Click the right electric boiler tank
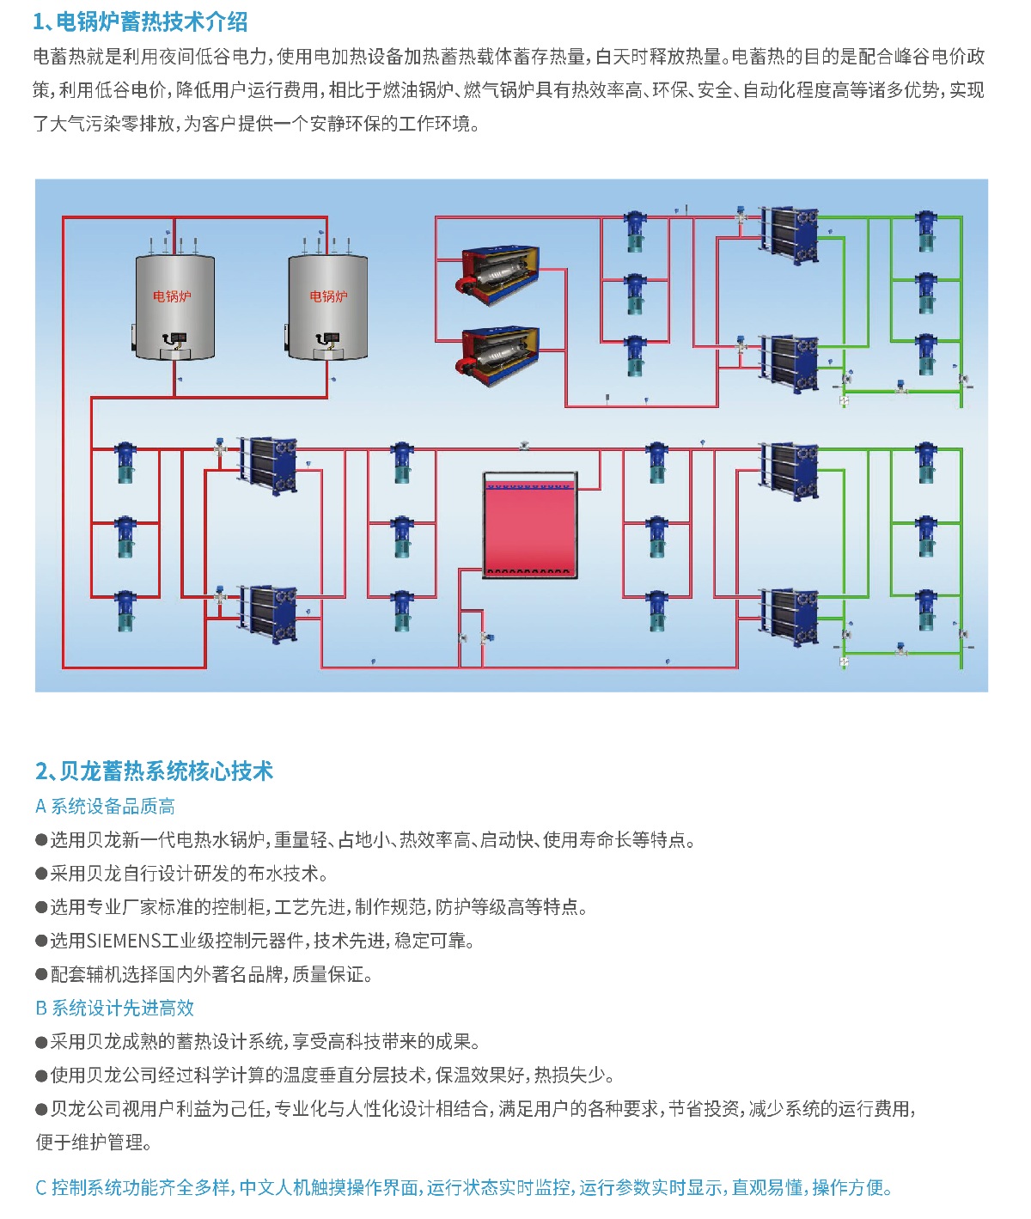(328, 306)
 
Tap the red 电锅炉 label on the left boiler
(172, 296)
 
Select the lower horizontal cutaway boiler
(499, 355)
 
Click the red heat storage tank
(529, 525)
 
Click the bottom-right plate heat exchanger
(790, 617)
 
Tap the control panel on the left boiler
(174, 338)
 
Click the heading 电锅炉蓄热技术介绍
(151, 21)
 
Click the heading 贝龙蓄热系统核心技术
(167, 771)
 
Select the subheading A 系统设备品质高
(105, 806)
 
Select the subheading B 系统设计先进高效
(114, 1008)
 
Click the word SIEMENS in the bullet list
(123, 941)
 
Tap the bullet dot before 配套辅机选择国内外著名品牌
(41, 973)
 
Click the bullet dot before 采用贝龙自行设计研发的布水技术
(41, 874)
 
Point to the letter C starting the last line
(40, 1187)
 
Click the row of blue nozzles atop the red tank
(529, 486)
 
